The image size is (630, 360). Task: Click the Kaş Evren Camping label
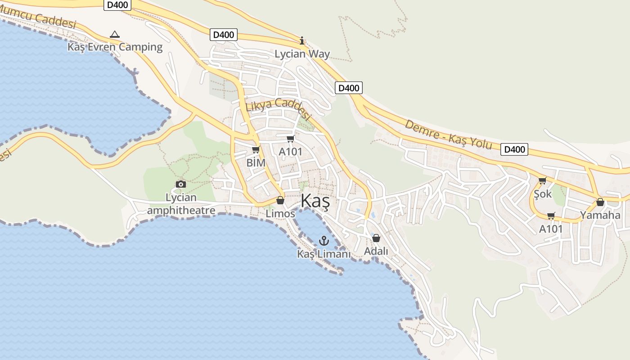coord(115,47)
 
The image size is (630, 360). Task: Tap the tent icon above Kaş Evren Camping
coord(115,34)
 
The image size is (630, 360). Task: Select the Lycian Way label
coord(302,54)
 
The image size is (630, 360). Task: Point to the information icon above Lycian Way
coord(302,41)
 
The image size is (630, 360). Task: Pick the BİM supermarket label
coord(256,162)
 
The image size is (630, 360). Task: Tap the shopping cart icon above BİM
coord(256,149)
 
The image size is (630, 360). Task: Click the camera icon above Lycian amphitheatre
coord(181,184)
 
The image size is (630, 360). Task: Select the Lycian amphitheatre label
coord(181,204)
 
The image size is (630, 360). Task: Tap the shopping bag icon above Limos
coord(280,200)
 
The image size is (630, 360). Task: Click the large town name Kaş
coord(315,201)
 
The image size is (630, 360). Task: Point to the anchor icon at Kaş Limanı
coord(324,241)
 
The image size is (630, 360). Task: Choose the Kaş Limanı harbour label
coord(324,254)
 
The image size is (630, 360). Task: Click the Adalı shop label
coord(376,251)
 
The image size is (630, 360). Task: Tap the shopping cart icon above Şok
coord(542,180)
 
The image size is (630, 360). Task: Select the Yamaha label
coord(600,215)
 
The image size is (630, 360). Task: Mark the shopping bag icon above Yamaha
coord(600,202)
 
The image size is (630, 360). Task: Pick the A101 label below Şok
coord(551,229)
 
